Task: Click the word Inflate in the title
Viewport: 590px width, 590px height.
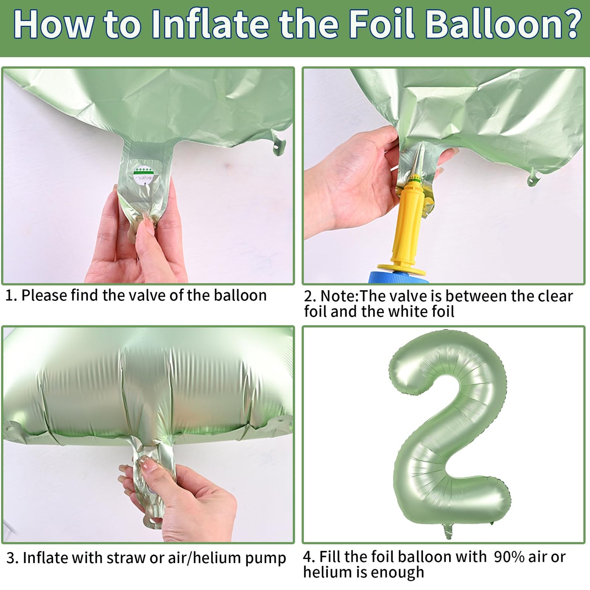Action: coord(210,24)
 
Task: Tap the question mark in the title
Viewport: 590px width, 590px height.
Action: coord(569,24)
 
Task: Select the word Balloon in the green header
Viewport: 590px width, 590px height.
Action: coord(490,24)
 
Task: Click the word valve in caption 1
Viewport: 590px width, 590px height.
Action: coord(147,296)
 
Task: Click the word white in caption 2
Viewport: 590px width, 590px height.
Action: coord(406,312)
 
